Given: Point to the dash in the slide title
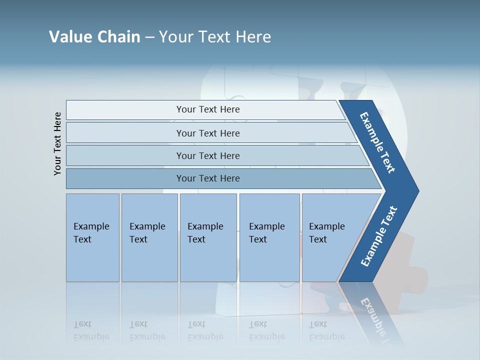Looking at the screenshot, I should [x=149, y=37].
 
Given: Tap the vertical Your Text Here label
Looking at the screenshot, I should [x=57, y=143].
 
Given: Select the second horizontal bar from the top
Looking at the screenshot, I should [x=208, y=133].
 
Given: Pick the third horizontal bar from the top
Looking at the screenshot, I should [x=208, y=155].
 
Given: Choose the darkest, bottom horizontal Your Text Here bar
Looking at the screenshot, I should [x=208, y=178].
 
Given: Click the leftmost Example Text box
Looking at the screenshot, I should [x=92, y=237].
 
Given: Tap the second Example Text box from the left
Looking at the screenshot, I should [x=149, y=237].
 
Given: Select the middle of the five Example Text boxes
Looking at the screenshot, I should [x=208, y=237].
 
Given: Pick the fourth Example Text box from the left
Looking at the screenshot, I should [x=269, y=237].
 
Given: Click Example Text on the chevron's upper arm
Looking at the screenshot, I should [x=377, y=142].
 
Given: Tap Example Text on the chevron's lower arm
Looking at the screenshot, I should [x=378, y=236].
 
